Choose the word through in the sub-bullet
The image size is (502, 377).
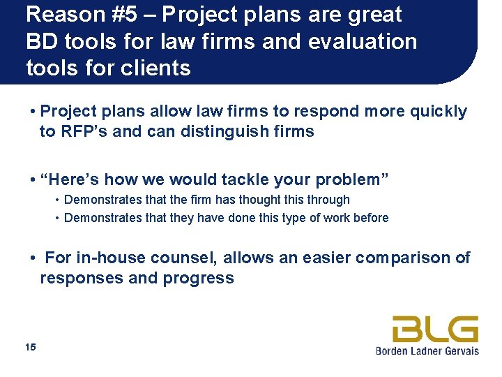tap(328, 200)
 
